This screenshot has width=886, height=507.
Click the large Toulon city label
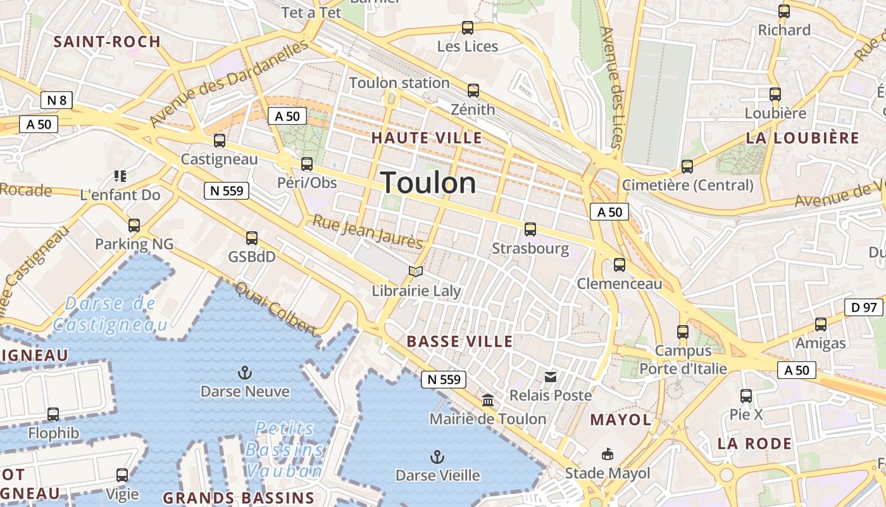pyautogui.click(x=429, y=183)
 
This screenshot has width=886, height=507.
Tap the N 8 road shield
pyautogui.click(x=56, y=99)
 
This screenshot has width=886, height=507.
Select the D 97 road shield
pyautogui.click(x=863, y=308)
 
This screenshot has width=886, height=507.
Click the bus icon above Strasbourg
pyautogui.click(x=530, y=229)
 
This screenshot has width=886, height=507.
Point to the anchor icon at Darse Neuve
pyautogui.click(x=244, y=372)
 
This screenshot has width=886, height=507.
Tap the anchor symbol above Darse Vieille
pyautogui.click(x=437, y=456)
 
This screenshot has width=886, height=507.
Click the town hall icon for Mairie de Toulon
pyautogui.click(x=488, y=400)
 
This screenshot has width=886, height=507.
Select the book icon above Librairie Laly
pyautogui.click(x=415, y=272)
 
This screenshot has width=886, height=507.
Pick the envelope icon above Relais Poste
pyautogui.click(x=550, y=377)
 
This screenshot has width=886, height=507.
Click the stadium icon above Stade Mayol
pyautogui.click(x=607, y=454)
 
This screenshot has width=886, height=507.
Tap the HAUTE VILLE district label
pyautogui.click(x=427, y=138)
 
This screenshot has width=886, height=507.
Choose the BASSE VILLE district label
pyautogui.click(x=459, y=342)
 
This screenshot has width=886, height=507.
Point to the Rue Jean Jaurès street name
pyautogui.click(x=368, y=233)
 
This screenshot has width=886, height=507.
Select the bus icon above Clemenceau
pyautogui.click(x=619, y=265)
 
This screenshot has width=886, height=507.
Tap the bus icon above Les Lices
pyautogui.click(x=468, y=28)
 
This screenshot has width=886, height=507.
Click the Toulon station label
pyautogui.click(x=399, y=83)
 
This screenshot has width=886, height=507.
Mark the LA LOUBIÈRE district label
pyautogui.click(x=802, y=138)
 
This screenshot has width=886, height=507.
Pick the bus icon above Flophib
pyautogui.click(x=53, y=414)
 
